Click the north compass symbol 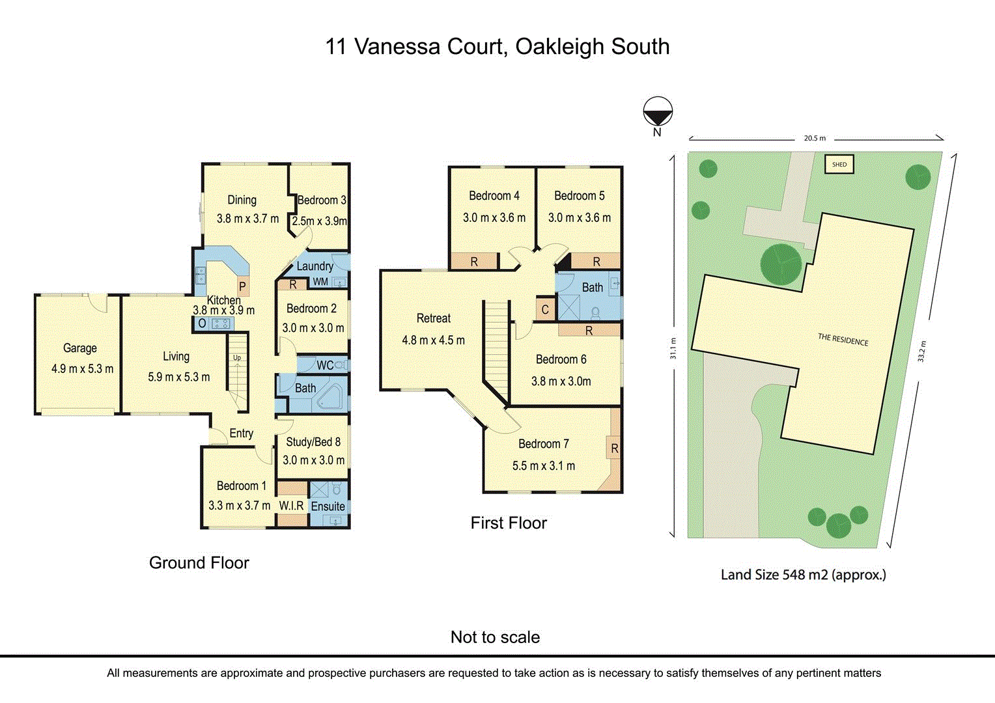[x=658, y=113]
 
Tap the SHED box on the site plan [x=839, y=164]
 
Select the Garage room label [x=80, y=348]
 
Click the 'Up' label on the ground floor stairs [x=237, y=358]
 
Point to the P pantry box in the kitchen [x=242, y=286]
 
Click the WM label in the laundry [x=320, y=282]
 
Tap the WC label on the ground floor [x=325, y=365]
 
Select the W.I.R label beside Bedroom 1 [x=291, y=506]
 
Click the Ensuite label [x=328, y=506]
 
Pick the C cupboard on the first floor [x=545, y=310]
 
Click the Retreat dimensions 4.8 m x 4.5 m [x=433, y=340]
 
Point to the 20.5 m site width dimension [x=814, y=138]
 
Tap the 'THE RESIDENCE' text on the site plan [x=843, y=339]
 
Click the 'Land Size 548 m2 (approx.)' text [x=803, y=575]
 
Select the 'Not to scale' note [x=495, y=637]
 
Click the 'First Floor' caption [x=509, y=523]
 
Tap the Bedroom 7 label [x=544, y=444]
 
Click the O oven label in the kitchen [x=202, y=324]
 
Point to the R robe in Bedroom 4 [x=474, y=262]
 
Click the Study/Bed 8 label [x=313, y=442]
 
